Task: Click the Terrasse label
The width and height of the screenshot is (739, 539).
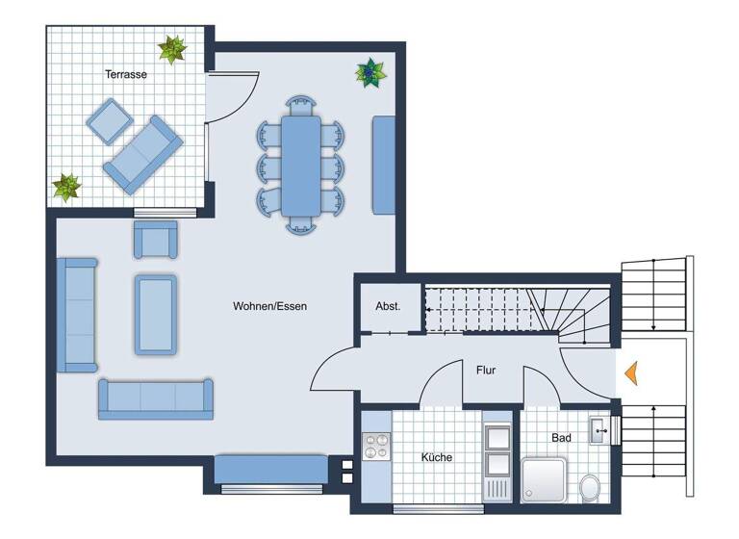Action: point(126,73)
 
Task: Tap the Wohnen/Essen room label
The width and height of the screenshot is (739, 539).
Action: point(269,306)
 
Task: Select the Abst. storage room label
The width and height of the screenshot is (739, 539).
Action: point(388,306)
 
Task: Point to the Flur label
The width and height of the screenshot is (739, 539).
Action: point(486,370)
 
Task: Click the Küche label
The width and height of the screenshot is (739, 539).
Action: point(436,457)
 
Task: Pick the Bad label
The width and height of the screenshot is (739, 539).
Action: point(562,438)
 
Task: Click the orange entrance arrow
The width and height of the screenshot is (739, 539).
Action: point(630,372)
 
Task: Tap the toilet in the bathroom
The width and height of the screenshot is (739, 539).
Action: point(589,486)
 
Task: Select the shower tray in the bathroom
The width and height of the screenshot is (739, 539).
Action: point(547,479)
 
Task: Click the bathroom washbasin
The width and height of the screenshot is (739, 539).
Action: point(599,429)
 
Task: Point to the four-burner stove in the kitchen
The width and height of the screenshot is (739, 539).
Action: point(376,448)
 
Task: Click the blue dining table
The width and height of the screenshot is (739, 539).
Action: point(301,166)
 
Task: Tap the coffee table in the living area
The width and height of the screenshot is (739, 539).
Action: point(155,314)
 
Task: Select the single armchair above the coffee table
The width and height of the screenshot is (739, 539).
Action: point(155,239)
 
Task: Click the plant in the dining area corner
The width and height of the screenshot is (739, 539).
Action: point(370,71)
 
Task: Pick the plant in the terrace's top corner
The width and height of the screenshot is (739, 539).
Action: point(172,49)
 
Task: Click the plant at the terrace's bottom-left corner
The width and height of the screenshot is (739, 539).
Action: point(65,187)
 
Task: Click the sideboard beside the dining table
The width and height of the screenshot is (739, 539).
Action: point(383,166)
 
